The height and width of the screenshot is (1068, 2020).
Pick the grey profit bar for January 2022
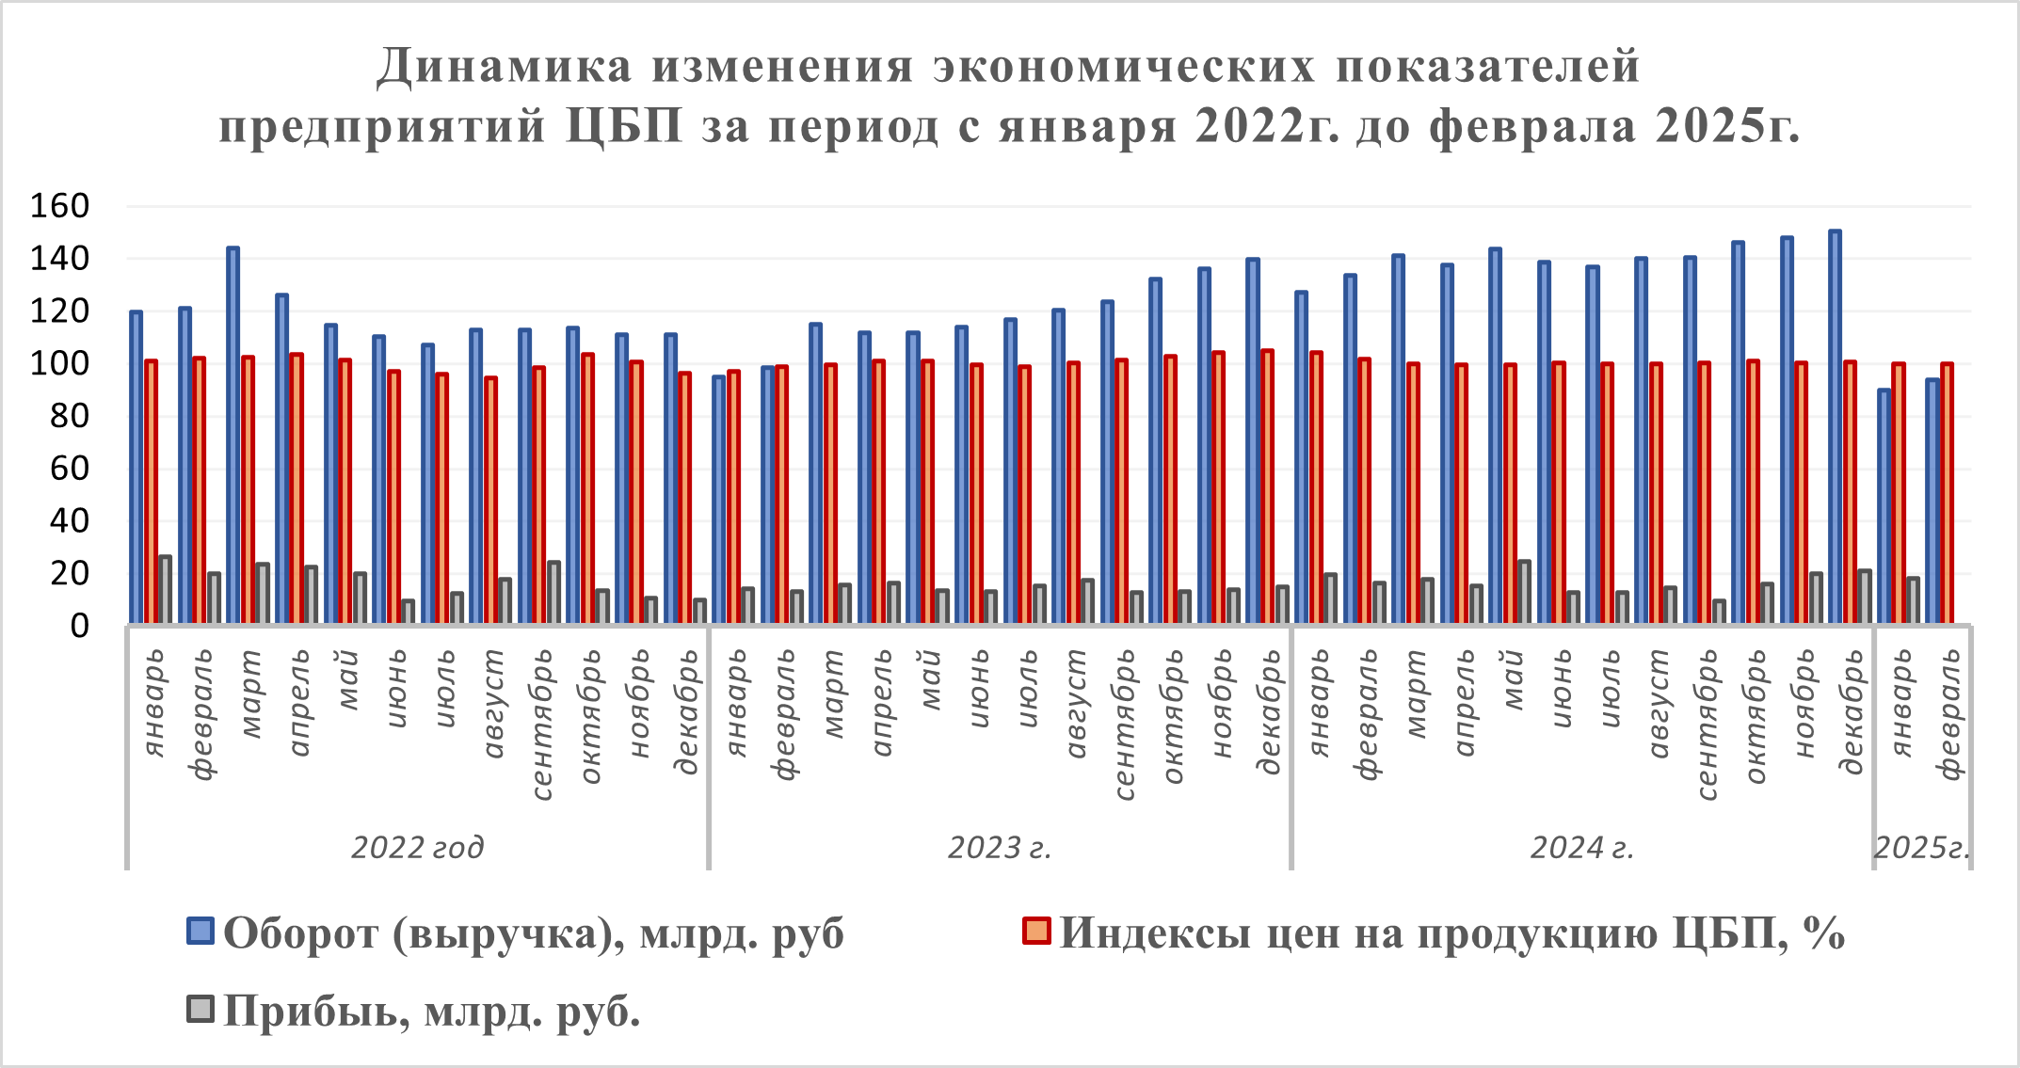pyautogui.click(x=166, y=589)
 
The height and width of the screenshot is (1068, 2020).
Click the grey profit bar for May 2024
pyautogui.click(x=1524, y=591)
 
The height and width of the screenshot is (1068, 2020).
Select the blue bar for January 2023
pyautogui.click(x=718, y=499)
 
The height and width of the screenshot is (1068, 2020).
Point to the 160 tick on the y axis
pyautogui.click(x=58, y=206)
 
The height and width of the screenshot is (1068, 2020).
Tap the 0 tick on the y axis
pyautogui.click(x=79, y=626)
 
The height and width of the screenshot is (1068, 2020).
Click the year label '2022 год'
pyautogui.click(x=417, y=848)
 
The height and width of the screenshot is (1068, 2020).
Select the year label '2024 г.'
pyautogui.click(x=1581, y=848)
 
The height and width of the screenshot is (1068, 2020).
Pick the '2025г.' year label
pyautogui.click(x=1921, y=848)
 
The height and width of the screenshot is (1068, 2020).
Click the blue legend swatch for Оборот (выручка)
pyautogui.click(x=200, y=932)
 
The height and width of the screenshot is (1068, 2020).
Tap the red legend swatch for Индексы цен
pyautogui.click(x=1036, y=932)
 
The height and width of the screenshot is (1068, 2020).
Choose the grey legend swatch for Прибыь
pyautogui.click(x=200, y=1010)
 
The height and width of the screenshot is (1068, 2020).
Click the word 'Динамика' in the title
pyautogui.click(x=504, y=66)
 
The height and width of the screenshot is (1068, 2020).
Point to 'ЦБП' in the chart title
pyautogui.click(x=624, y=126)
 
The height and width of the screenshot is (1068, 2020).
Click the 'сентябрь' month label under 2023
pyautogui.click(x=1125, y=725)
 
